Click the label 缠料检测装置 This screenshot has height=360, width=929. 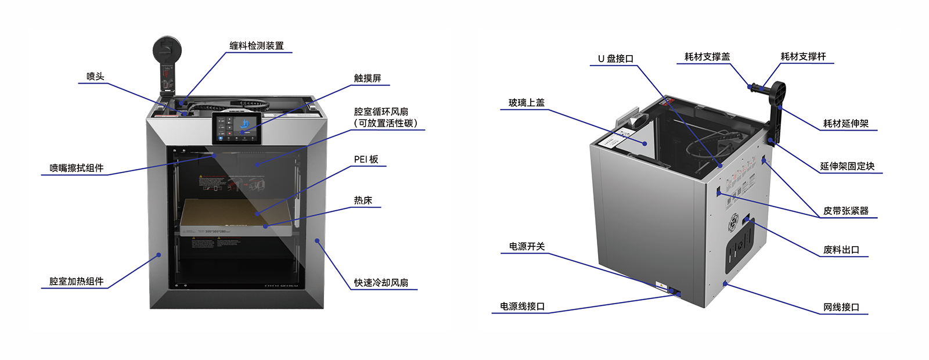[257, 46]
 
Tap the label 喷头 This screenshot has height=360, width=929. [95, 77]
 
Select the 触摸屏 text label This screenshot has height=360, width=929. [368, 78]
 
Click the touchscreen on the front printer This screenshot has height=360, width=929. [236, 128]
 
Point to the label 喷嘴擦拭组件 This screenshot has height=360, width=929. [76, 168]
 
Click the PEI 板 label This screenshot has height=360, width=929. [366, 160]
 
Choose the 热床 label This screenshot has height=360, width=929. [363, 201]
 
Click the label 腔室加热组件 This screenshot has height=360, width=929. [76, 282]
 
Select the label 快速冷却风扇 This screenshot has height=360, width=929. [381, 283]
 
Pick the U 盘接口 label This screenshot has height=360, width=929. [615, 59]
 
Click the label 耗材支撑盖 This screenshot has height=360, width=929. [707, 57]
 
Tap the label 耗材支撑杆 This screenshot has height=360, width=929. [803, 57]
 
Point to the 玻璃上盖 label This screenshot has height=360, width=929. [527, 103]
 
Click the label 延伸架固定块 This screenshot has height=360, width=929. [847, 167]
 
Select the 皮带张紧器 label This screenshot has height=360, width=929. [846, 211]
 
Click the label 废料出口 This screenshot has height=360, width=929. [841, 250]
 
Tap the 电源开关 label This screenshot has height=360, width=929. [527, 247]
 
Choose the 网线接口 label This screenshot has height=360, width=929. [841, 308]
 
